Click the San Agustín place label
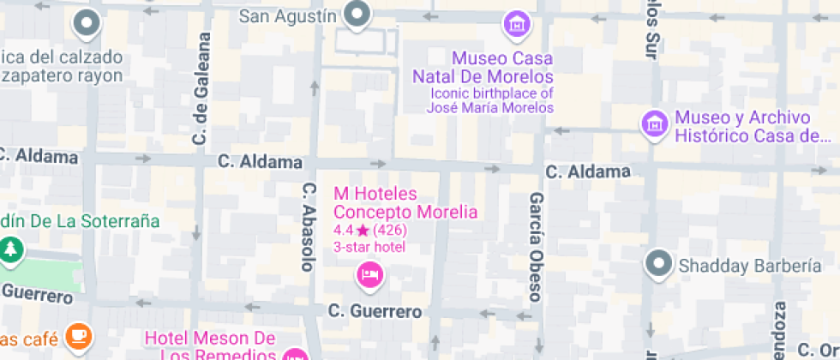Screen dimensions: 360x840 pyautogui.click(x=287, y=15)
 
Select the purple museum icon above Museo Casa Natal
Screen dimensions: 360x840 pyautogui.click(x=516, y=25)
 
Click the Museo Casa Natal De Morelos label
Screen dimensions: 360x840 pyautogui.click(x=490, y=68)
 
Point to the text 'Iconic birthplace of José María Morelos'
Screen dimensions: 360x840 pyautogui.click(x=490, y=100)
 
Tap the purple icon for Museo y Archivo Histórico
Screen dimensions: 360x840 pyautogui.click(x=655, y=123)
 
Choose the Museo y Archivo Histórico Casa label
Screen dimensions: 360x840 pyautogui.click(x=753, y=126)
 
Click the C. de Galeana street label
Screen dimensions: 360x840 pyautogui.click(x=202, y=88)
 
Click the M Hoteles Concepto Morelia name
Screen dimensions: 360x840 pyautogui.click(x=405, y=202)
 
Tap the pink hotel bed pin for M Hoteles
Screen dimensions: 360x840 pyautogui.click(x=369, y=275)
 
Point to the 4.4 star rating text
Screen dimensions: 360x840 pyautogui.click(x=369, y=230)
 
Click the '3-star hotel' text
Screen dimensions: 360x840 pyautogui.click(x=369, y=247)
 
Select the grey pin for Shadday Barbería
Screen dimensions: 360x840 pyautogui.click(x=659, y=263)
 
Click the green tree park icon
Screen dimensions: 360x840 pyautogui.click(x=10, y=249)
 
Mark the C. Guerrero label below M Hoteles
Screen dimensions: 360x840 pyautogui.click(x=375, y=310)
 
